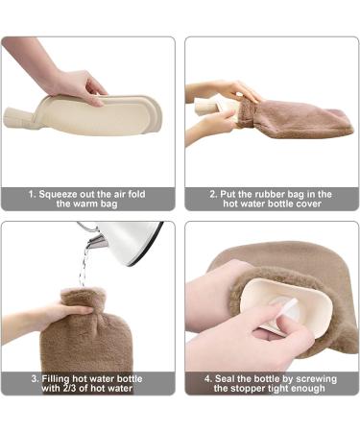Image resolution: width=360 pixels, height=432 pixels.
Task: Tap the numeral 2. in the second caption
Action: pos(214,193)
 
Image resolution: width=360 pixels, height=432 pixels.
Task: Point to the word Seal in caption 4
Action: pos(224,378)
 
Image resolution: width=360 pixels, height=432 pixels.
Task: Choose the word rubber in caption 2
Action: pos(277,193)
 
